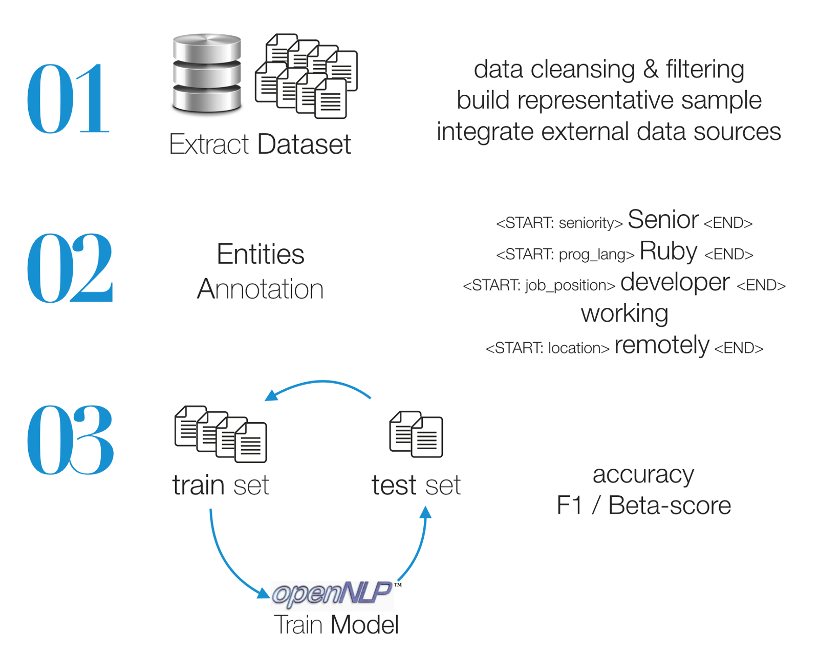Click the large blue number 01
click(x=68, y=99)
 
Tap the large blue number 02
click(x=70, y=267)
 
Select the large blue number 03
click(x=70, y=439)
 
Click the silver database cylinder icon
click(x=207, y=73)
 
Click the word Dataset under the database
click(x=304, y=144)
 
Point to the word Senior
click(x=663, y=220)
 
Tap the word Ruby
click(x=668, y=251)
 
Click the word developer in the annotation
click(x=675, y=283)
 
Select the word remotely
click(x=661, y=345)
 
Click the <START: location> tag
click(x=547, y=348)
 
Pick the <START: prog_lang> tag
click(x=565, y=255)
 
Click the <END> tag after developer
click(x=761, y=286)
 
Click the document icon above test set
click(x=416, y=434)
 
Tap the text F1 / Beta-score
click(x=643, y=506)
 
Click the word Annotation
click(x=260, y=289)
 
